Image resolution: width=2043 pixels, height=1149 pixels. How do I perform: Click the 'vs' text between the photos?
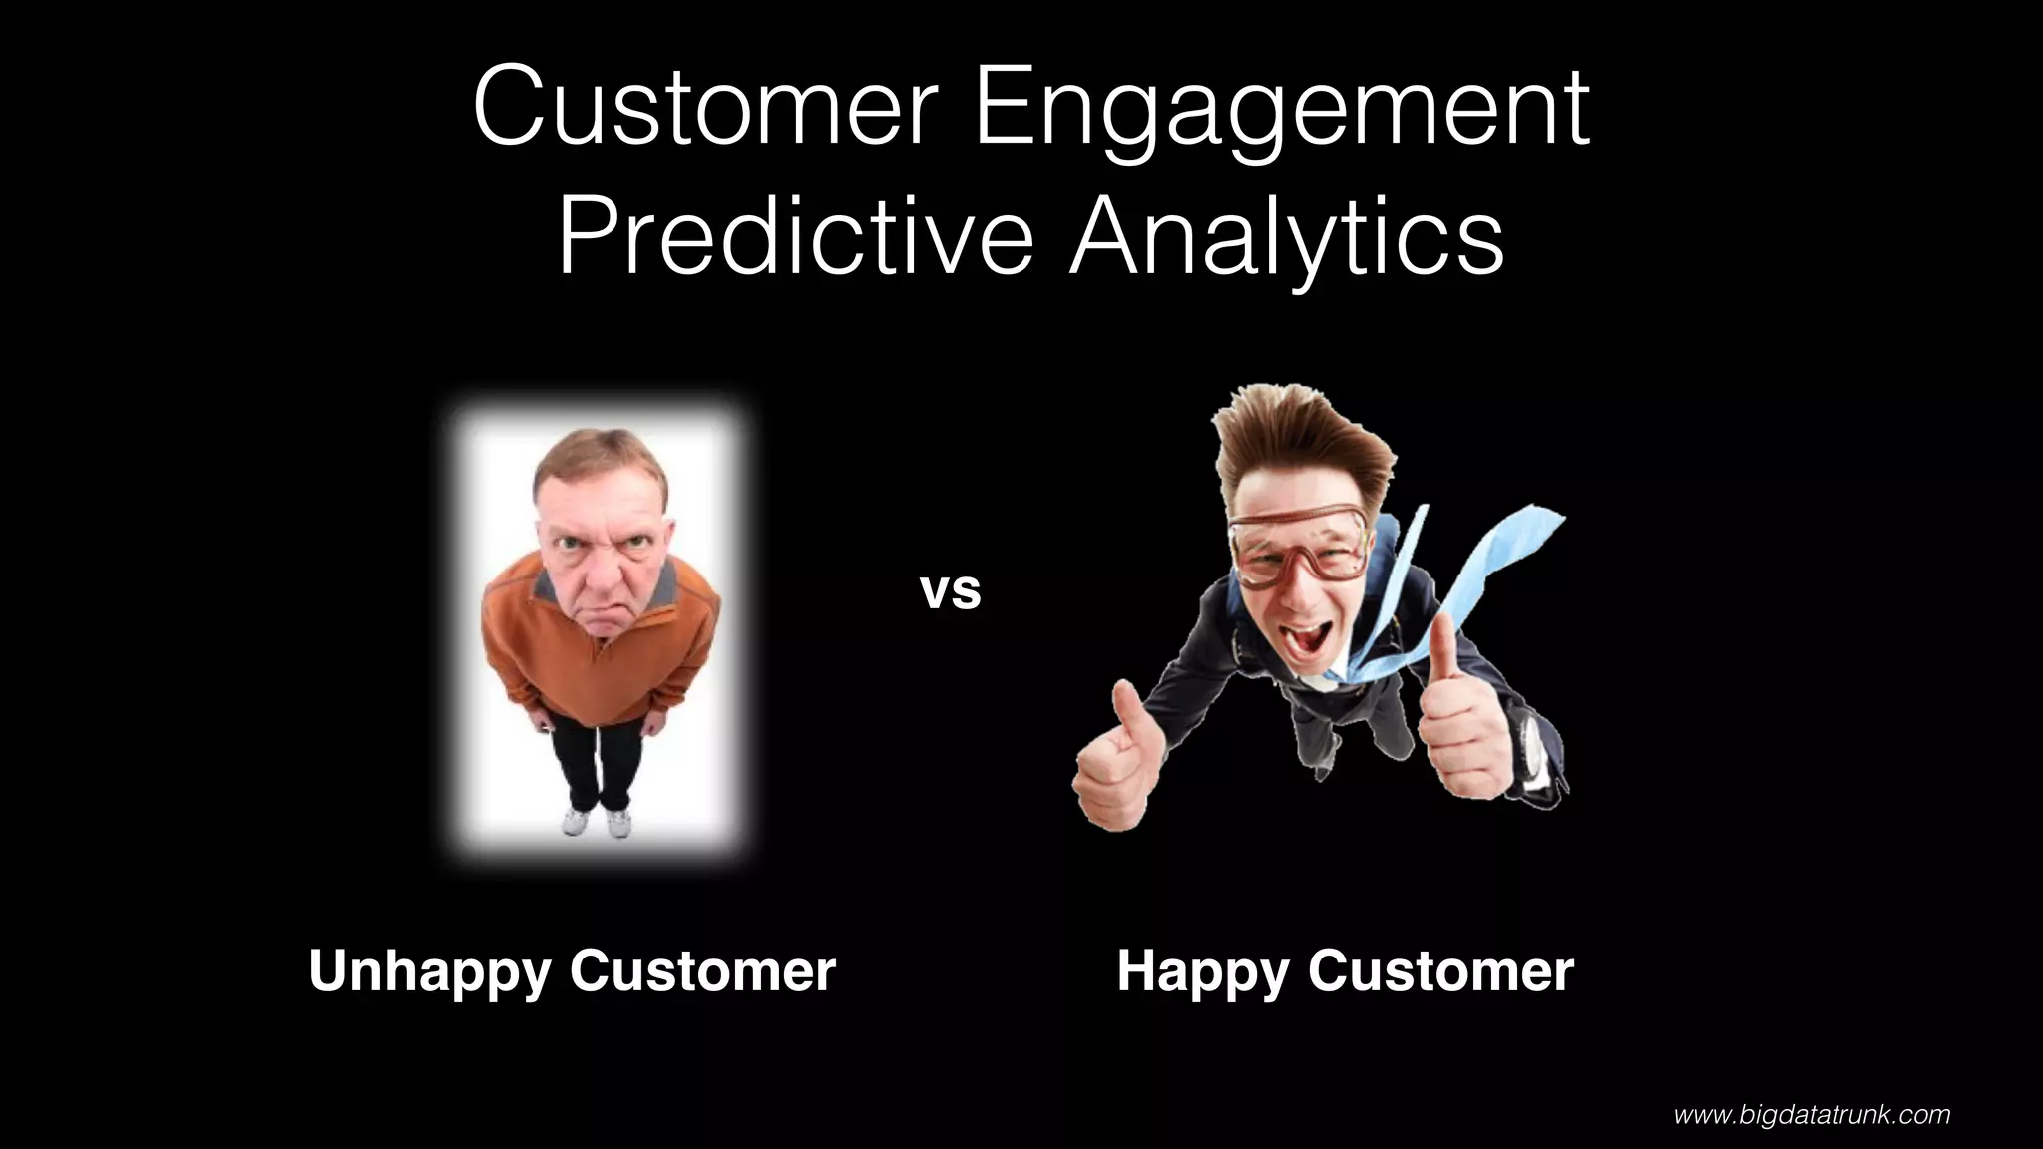950,590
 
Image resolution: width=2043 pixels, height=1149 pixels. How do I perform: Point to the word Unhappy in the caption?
429,970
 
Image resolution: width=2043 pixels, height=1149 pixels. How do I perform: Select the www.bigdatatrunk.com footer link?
1812,1114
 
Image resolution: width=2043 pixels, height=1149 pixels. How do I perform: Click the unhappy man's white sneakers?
597,821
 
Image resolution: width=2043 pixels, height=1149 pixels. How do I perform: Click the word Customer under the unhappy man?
702,970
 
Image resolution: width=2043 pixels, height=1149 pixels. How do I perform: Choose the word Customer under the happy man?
1440,970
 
